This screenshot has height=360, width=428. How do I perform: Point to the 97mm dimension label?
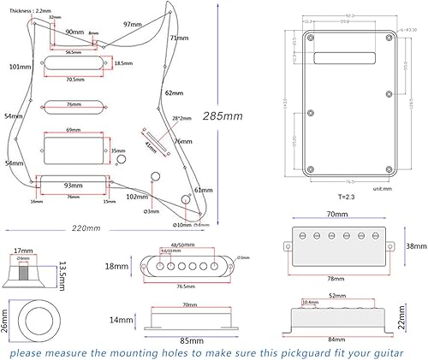(x=133, y=24)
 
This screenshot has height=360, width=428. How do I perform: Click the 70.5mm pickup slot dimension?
(x=75, y=79)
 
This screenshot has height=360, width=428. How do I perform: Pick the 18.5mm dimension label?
(x=123, y=63)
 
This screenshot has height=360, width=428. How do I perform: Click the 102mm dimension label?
(x=136, y=196)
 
